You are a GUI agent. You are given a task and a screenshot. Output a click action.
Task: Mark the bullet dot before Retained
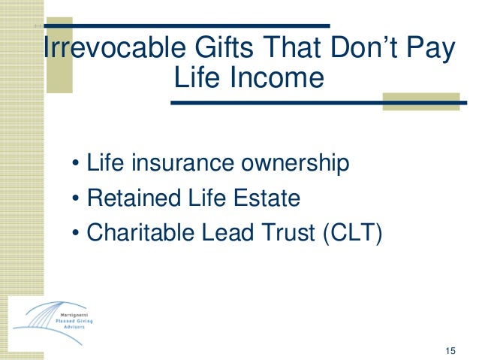(x=77, y=199)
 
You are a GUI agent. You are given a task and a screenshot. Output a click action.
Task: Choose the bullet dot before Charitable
(x=77, y=234)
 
